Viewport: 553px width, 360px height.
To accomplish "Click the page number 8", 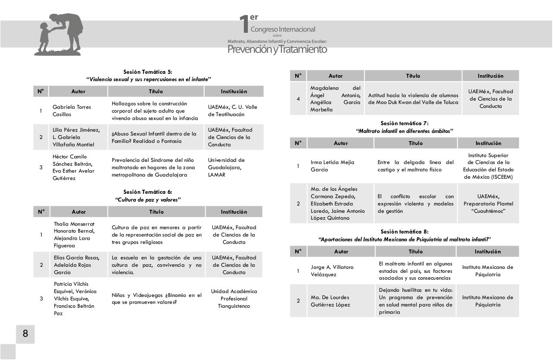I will point(25,334).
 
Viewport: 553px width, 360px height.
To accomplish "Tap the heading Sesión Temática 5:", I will point(148,72).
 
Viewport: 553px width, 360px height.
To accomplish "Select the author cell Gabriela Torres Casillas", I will point(72,111).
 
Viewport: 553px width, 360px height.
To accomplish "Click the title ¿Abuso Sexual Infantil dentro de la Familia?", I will point(154,137).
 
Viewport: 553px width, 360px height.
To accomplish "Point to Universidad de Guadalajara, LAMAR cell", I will point(226,167).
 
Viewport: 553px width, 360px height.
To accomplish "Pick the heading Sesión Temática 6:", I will point(148,192).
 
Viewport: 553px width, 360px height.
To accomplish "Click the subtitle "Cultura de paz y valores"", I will point(148,200).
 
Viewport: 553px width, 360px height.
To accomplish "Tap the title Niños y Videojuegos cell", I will point(156,299).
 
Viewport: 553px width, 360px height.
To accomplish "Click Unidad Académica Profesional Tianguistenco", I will point(234,299).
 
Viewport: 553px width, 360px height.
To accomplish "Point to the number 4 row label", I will point(298,99).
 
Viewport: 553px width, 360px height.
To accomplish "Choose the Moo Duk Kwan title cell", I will point(413,99).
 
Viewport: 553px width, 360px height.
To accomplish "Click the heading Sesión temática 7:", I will point(404,123).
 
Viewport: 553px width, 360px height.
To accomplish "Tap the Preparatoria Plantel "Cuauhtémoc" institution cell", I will point(488,204).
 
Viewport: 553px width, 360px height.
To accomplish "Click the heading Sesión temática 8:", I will point(404,232).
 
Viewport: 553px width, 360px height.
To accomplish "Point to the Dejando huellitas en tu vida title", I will point(415,301).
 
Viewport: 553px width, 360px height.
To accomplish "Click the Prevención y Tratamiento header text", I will point(277,49).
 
